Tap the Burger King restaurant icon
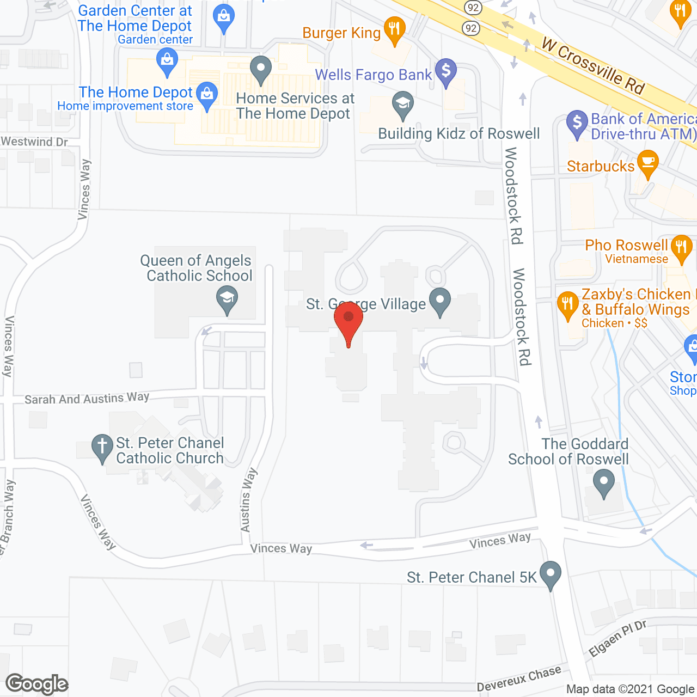(394, 29)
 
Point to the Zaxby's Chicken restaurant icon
(567, 305)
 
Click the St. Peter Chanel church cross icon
(102, 447)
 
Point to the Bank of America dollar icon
(577, 123)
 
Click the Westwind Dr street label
(34, 142)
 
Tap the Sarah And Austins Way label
(87, 399)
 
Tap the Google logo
(37, 684)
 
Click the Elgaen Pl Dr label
(617, 638)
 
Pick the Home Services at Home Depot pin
(261, 69)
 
